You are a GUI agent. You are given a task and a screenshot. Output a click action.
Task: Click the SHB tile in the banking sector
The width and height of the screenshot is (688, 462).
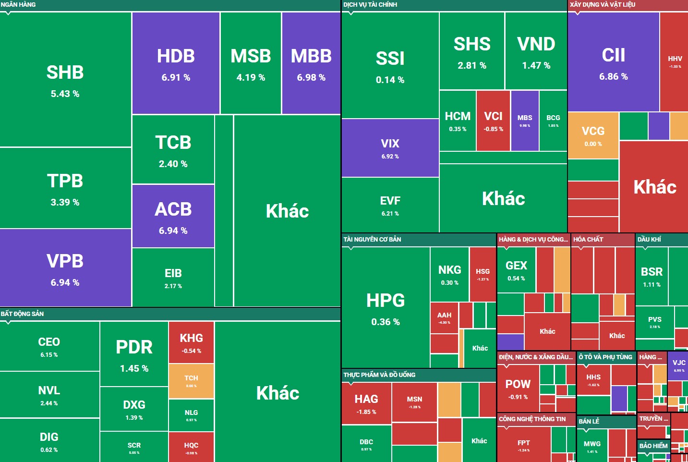point(65,79)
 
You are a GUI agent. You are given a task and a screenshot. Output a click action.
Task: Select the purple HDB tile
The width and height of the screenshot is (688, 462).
point(176,63)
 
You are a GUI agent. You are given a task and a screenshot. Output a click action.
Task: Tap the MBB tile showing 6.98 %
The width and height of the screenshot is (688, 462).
point(311,63)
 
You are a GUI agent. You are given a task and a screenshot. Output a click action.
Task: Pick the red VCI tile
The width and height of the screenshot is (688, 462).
point(493,121)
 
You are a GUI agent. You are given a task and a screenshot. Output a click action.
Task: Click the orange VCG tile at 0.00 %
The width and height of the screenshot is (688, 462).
point(593,135)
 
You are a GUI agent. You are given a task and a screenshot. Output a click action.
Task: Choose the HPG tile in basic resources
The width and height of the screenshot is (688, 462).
point(386,307)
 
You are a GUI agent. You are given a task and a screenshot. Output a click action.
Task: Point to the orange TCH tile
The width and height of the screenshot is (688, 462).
point(191,381)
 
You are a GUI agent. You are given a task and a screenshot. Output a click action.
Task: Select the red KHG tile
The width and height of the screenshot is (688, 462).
point(191,342)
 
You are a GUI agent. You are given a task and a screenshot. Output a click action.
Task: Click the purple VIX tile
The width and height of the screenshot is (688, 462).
point(390,148)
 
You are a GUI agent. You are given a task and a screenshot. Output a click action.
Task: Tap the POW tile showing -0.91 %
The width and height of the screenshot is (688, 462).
point(518,389)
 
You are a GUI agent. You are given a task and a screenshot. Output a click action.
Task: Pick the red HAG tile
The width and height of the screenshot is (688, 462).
point(366,403)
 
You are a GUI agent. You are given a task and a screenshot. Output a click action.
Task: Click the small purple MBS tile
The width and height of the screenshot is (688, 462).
point(524,121)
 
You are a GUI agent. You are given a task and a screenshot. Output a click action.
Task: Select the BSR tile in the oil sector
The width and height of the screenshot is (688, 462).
point(652,276)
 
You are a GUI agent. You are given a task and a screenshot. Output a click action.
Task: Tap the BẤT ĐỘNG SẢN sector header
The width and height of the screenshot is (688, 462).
point(22,314)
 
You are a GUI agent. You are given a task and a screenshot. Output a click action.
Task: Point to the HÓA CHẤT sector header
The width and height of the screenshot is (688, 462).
point(588,239)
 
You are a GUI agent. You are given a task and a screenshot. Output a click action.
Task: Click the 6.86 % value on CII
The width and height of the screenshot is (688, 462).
point(613,77)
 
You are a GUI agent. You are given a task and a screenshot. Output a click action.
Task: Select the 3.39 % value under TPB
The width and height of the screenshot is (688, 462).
point(65,203)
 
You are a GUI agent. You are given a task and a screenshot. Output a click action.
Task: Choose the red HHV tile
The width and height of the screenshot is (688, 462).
point(675,61)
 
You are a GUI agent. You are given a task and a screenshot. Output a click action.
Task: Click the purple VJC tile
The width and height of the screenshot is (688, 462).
point(679,365)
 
